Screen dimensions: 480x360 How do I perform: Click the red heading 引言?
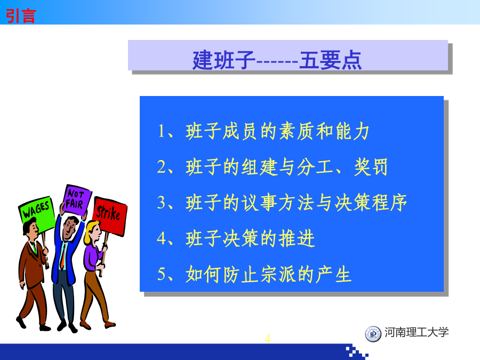21,16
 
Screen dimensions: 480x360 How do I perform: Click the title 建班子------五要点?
277,60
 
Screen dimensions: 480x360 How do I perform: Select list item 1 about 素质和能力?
263,131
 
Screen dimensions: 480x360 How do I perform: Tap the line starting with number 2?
273,167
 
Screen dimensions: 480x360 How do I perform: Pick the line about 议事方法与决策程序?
282,203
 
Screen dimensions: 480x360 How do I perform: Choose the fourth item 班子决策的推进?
236,238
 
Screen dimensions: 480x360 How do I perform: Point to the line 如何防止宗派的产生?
254,274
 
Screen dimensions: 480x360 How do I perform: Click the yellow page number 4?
267,339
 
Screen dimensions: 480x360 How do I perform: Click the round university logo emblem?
373,334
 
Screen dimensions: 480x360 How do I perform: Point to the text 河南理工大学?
417,332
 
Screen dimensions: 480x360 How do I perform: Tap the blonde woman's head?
93,233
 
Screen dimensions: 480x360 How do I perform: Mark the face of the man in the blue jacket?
69,229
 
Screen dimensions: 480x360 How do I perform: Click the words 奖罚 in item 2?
371,167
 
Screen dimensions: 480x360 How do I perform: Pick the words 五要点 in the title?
331,60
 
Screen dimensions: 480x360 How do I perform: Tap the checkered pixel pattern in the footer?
357,352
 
